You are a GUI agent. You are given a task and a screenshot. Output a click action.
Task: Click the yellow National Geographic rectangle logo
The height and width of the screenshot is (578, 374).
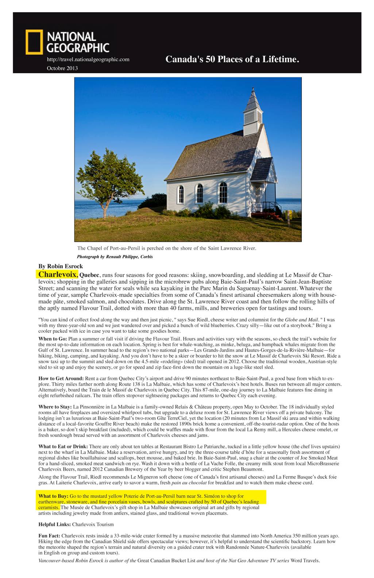(x=34, y=42)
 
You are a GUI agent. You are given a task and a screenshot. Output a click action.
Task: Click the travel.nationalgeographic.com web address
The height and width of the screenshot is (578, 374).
(x=88, y=59)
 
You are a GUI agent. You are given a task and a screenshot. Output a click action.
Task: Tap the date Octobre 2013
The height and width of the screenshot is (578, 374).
(x=62, y=68)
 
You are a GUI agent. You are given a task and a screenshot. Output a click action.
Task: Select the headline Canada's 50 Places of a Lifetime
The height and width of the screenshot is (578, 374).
(x=232, y=59)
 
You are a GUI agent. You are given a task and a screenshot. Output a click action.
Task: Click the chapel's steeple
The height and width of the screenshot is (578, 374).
(x=252, y=106)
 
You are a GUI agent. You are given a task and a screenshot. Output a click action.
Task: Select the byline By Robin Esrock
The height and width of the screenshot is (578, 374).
(x=61, y=266)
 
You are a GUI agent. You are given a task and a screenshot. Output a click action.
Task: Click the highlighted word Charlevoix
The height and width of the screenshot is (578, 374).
(x=58, y=274)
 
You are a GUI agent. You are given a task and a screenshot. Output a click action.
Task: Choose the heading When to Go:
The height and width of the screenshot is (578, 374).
(x=53, y=339)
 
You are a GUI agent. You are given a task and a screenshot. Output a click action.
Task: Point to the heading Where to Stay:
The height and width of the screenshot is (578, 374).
(x=55, y=407)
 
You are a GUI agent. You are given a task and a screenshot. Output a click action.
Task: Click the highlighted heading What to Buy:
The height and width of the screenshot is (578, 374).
(x=53, y=496)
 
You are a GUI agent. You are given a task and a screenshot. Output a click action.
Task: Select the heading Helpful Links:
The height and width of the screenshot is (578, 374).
(x=55, y=524)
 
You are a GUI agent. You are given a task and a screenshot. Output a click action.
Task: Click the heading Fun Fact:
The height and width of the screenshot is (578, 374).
(x=49, y=536)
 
